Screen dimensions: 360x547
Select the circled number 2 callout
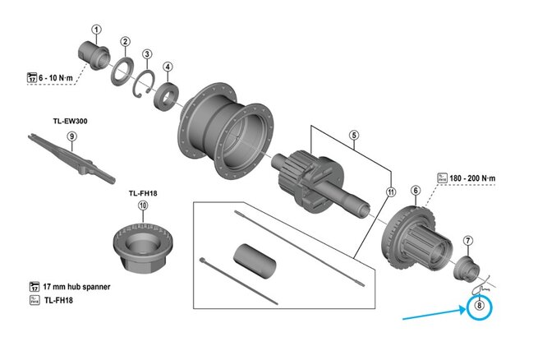(125, 42)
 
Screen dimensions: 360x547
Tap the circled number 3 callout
(147, 55)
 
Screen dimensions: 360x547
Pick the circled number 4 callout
(168, 67)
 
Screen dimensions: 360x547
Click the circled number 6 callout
(416, 191)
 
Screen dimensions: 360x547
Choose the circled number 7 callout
(467, 241)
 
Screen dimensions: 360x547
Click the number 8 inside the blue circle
(481, 308)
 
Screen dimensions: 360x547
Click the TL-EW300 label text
(72, 121)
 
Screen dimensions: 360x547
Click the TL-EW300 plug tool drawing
(73, 158)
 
